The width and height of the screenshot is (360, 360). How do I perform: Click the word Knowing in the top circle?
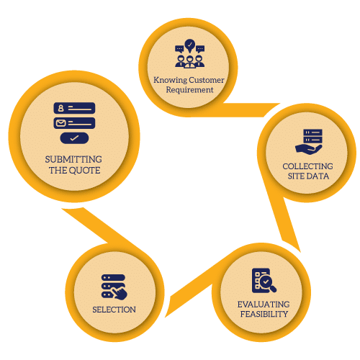click(170, 80)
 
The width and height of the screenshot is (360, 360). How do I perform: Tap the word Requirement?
click(189, 90)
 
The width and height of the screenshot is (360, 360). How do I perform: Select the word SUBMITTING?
click(73, 159)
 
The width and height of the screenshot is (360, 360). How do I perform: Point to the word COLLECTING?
click(307, 166)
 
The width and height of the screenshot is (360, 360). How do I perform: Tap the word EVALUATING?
click(264, 305)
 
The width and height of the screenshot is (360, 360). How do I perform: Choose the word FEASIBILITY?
click(264, 314)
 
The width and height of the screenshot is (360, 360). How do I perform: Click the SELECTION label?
click(114, 310)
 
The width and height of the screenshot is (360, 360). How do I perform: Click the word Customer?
click(207, 80)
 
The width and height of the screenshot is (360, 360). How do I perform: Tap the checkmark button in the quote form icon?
click(74, 138)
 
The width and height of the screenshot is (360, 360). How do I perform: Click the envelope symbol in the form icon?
click(60, 123)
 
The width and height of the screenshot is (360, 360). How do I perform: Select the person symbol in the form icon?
click(61, 108)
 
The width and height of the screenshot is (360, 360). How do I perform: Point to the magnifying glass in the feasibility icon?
click(268, 284)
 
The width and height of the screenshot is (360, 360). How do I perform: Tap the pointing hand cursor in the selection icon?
click(120, 293)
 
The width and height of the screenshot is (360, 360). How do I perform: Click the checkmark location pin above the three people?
click(190, 46)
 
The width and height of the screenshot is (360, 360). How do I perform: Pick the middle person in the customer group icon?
click(190, 62)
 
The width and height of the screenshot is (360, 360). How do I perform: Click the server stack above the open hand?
click(312, 136)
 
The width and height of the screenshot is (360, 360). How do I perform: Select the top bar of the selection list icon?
click(113, 278)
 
